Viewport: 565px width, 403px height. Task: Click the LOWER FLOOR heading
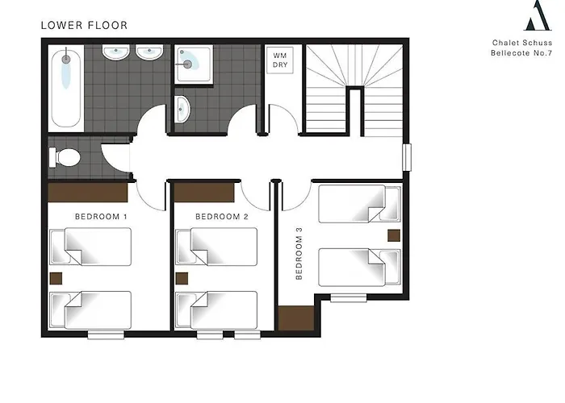84,25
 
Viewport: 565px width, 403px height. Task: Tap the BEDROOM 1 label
101,217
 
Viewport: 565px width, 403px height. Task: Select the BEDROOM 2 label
222,217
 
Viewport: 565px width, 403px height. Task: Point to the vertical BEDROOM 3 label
299,253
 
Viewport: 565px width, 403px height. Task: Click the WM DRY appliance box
280,60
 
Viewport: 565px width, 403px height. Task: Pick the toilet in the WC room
65,157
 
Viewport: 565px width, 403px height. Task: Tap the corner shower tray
194,64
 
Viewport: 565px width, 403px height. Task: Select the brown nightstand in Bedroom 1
56,279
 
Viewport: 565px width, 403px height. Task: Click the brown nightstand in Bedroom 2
182,279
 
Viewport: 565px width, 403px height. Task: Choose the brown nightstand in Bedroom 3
394,235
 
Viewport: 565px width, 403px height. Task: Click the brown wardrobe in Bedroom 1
88,193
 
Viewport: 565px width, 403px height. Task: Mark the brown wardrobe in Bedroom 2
204,193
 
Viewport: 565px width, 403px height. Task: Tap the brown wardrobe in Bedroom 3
296,318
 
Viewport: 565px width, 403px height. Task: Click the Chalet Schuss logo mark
538,15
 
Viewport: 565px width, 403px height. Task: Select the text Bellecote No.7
521,53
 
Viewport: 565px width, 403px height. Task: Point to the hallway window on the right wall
407,157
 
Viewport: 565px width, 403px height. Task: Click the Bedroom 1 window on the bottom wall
106,334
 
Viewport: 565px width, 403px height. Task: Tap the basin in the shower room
182,109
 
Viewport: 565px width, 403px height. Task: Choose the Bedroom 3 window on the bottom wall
349,297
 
